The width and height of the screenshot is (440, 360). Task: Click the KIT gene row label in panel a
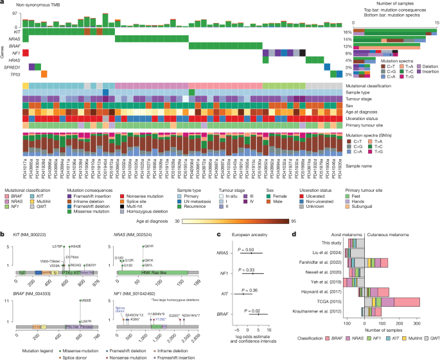click(x=17, y=31)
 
